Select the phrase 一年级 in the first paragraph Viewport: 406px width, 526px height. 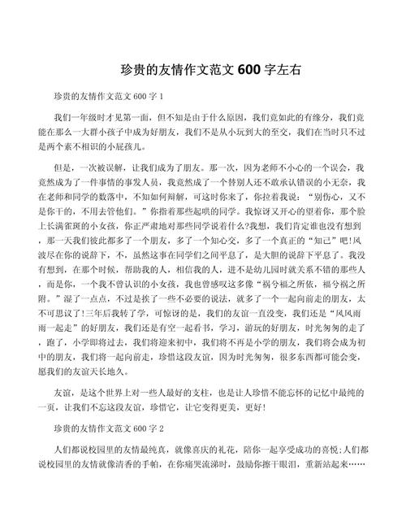[x=94, y=115]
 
